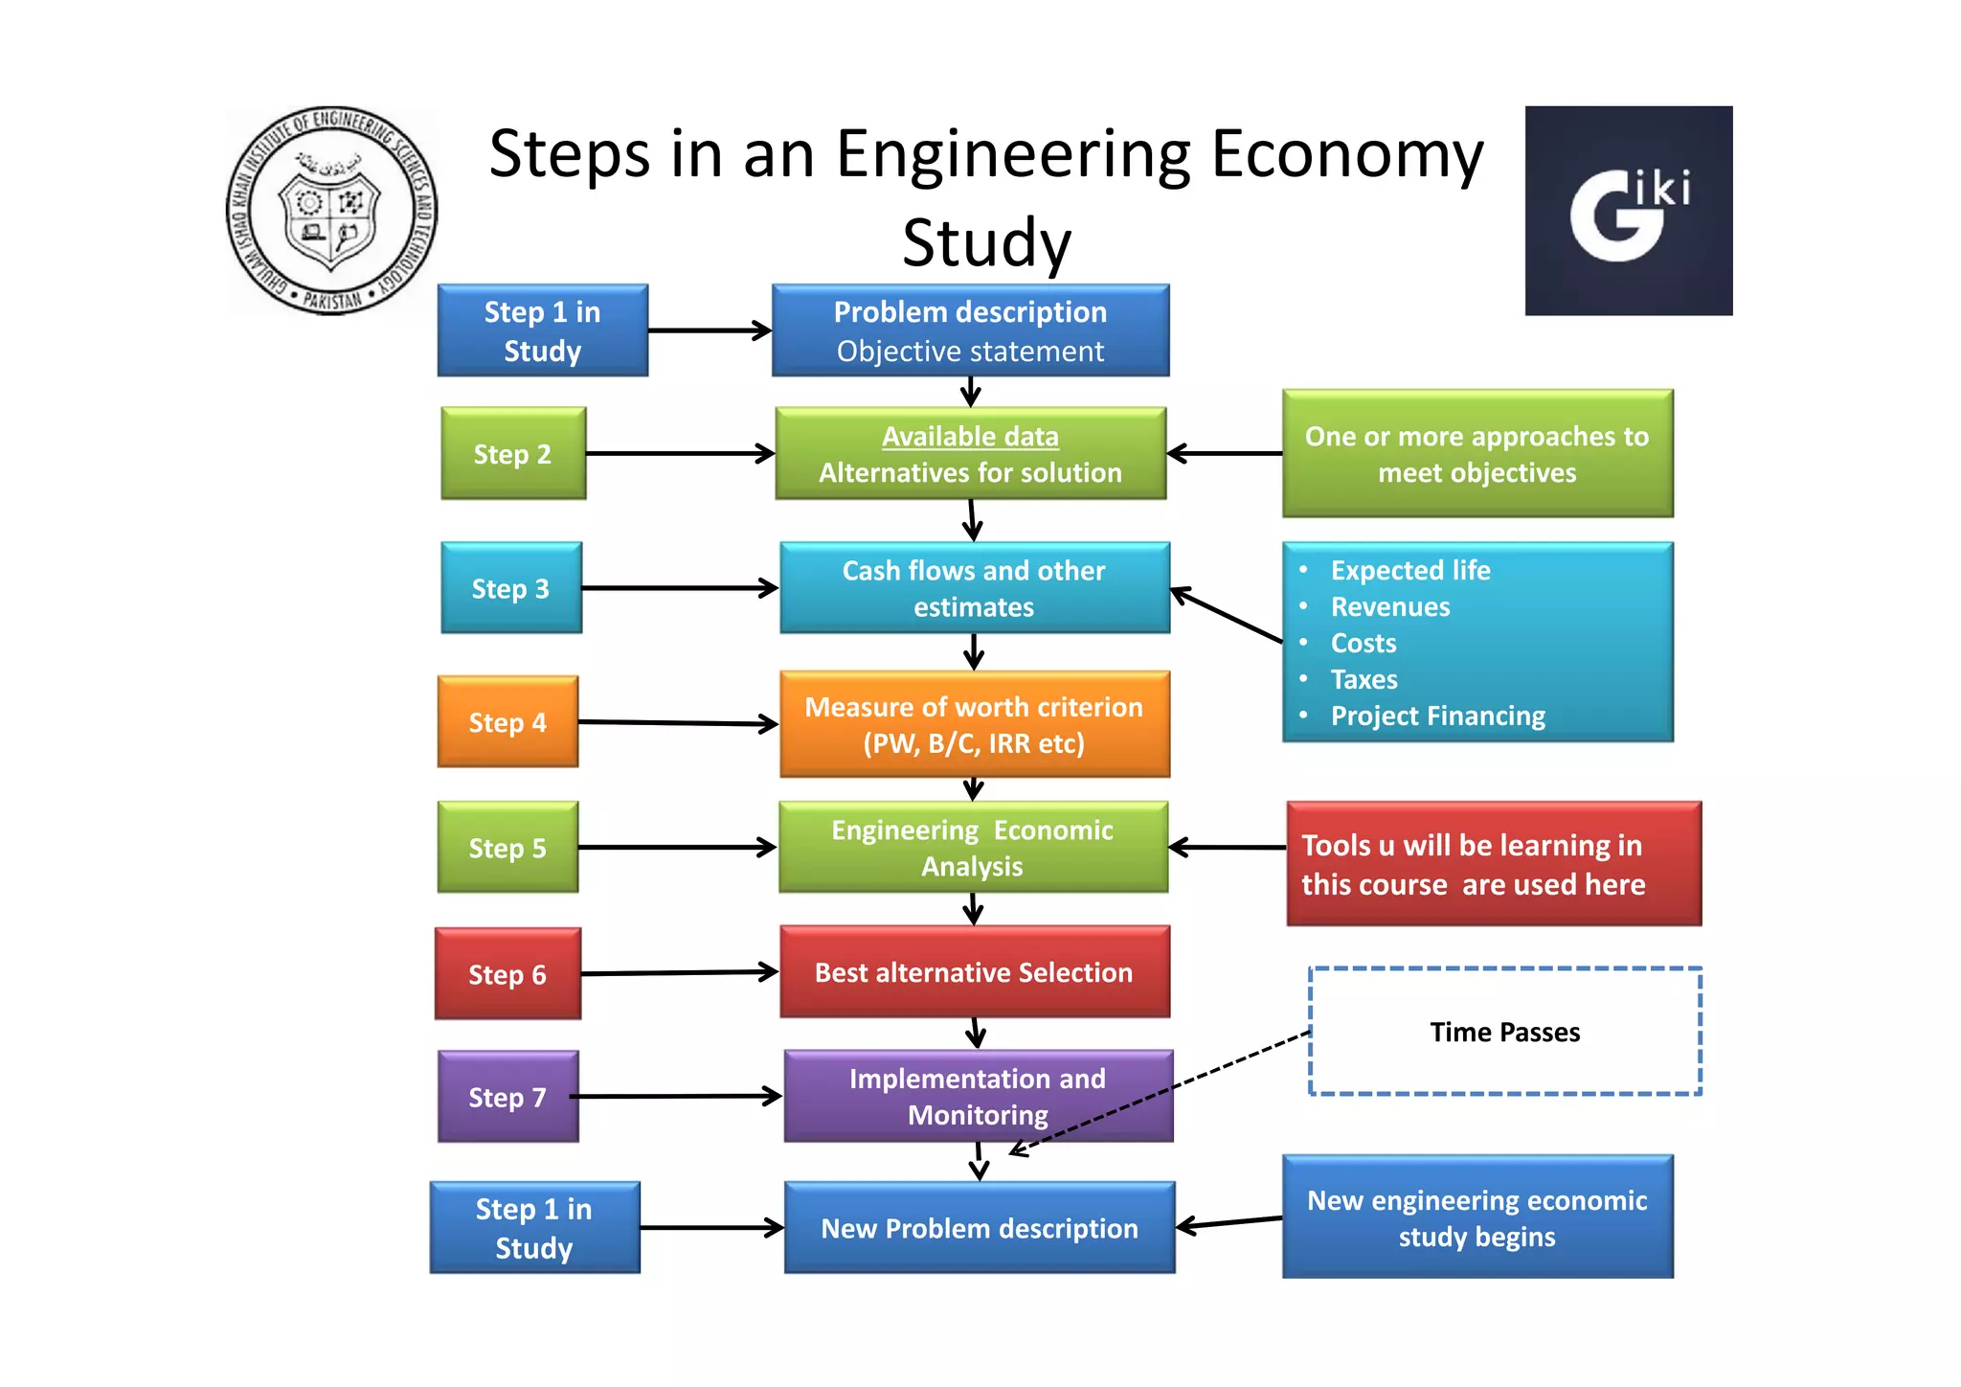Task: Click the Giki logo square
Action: point(1628,211)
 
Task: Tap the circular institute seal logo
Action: point(331,211)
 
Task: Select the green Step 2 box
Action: point(513,453)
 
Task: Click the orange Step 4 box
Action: point(507,721)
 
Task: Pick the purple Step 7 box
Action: point(507,1097)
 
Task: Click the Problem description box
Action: point(970,330)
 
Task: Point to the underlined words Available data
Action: point(970,437)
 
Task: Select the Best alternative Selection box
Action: point(974,972)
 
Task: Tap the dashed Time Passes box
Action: point(1504,1032)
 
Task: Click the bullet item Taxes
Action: point(1364,679)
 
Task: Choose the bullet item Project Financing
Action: point(1437,716)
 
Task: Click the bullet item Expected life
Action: point(1409,570)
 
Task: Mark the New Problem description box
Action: point(979,1228)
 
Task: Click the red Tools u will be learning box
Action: point(1493,864)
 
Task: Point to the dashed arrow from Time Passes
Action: point(1159,1092)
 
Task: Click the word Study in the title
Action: point(986,243)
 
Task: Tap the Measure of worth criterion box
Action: point(974,724)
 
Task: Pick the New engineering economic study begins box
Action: point(1476,1217)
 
